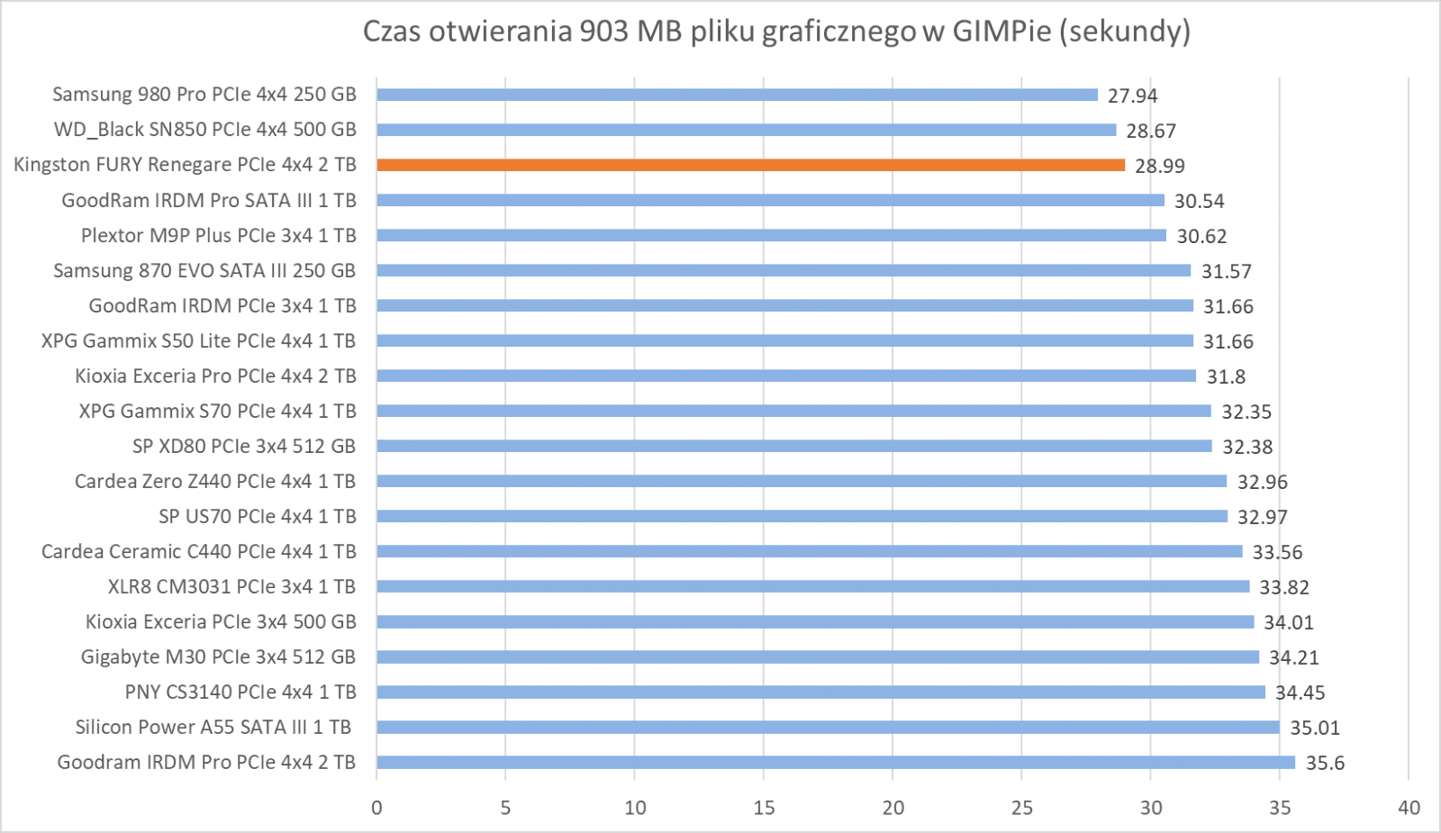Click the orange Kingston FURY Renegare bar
pos(750,165)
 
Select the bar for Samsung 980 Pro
pos(737,95)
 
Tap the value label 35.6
pos(1325,764)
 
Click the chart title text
pos(776,32)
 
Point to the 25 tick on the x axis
pos(1021,808)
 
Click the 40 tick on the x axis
pos(1409,808)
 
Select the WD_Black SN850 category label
pos(205,130)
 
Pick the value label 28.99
pos(1159,166)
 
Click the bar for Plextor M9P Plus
pos(771,235)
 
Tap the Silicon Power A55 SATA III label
pos(213,727)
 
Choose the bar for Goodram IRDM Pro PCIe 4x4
pos(835,763)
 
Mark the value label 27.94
pos(1132,95)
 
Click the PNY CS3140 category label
pos(240,692)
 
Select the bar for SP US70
pos(802,516)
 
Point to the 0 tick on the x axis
pos(376,808)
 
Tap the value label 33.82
pos(1284,587)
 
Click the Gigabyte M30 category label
pos(218,656)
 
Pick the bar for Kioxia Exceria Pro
pos(786,376)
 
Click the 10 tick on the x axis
pos(635,808)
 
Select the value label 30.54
pos(1199,201)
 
